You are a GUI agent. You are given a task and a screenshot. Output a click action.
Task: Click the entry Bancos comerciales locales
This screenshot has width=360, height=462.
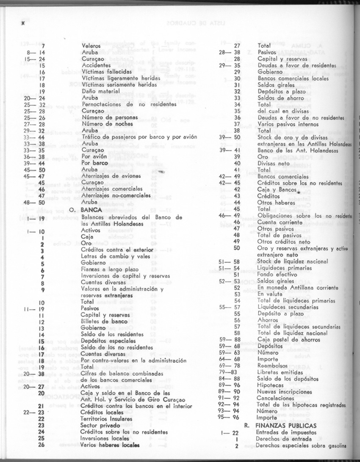[293, 78]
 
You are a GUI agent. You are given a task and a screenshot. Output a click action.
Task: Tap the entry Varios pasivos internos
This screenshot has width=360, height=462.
[288, 124]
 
